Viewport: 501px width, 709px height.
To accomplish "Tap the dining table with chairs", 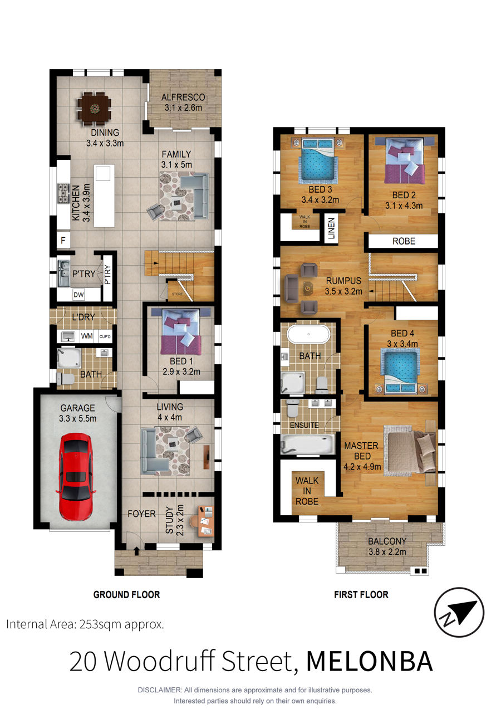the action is pyautogui.click(x=94, y=109).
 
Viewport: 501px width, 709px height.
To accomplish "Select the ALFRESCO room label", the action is pyautogui.click(x=183, y=97).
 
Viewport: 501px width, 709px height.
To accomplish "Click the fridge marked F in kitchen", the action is pyautogui.click(x=63, y=241).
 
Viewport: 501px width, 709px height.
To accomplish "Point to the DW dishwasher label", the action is pyautogui.click(x=78, y=295).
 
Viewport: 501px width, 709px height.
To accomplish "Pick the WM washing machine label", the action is pyautogui.click(x=86, y=336).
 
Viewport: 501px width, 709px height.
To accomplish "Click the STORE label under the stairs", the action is pyautogui.click(x=177, y=294).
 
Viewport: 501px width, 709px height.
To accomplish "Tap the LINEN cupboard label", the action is pyautogui.click(x=331, y=228).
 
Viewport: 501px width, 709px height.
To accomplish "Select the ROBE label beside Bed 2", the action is pyautogui.click(x=404, y=241).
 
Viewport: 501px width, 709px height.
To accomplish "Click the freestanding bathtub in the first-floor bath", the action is pyautogui.click(x=308, y=334).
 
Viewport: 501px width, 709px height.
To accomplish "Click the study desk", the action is pyautogui.click(x=206, y=521).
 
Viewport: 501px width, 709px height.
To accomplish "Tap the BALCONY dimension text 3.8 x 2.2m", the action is pyautogui.click(x=387, y=552).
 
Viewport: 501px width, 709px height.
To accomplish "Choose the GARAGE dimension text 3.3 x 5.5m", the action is pyautogui.click(x=77, y=418).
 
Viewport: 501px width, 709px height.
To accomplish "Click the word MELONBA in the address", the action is pyautogui.click(x=370, y=662).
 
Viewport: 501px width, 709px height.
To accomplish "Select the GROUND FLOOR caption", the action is pyautogui.click(x=126, y=595).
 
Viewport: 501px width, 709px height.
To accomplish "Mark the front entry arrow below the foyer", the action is pyautogui.click(x=136, y=551).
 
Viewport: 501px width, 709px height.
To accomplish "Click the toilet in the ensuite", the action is pyautogui.click(x=293, y=408).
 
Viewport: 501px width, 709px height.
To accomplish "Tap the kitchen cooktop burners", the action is pyautogui.click(x=63, y=193).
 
